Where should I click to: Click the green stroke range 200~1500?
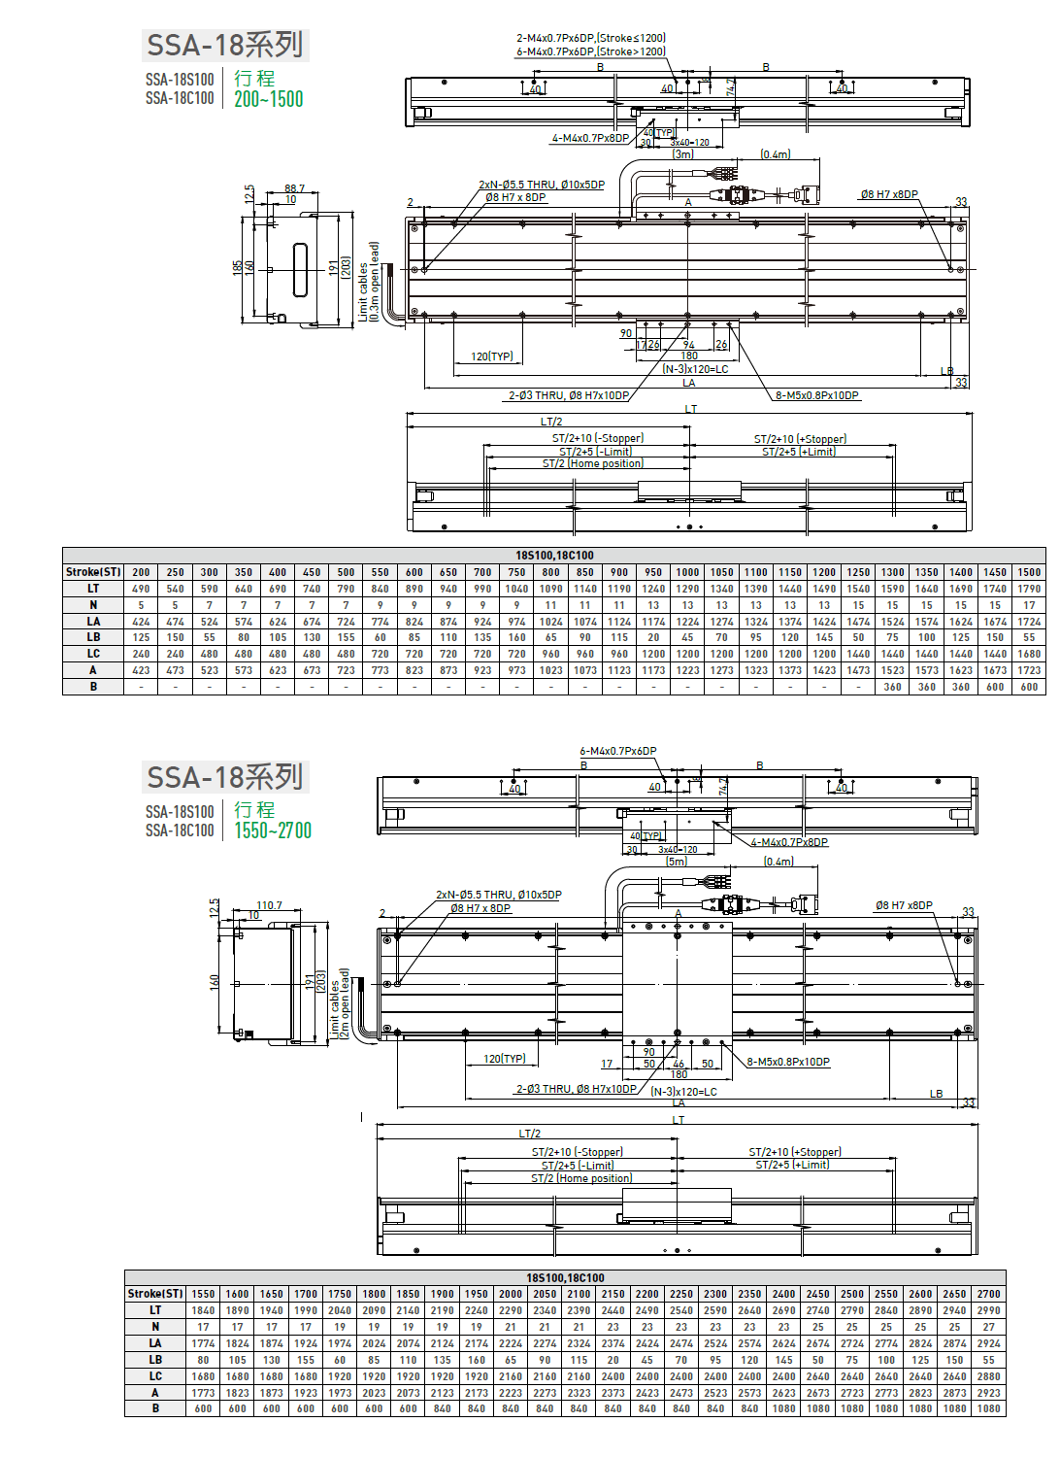pyautogui.click(x=268, y=99)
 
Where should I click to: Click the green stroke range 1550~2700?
pyautogui.click(x=273, y=830)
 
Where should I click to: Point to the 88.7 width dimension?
pyautogui.click(x=294, y=188)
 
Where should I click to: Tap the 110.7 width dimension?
pyautogui.click(x=269, y=905)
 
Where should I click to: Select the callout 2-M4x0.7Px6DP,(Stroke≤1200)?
pyautogui.click(x=590, y=38)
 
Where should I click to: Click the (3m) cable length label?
pyautogui.click(x=683, y=154)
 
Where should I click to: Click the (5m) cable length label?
pyautogui.click(x=677, y=862)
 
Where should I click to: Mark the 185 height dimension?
pyautogui.click(x=238, y=267)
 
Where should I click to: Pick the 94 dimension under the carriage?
pyautogui.click(x=688, y=345)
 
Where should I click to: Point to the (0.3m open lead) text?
pyautogui.click(x=375, y=282)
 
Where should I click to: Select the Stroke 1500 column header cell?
pyautogui.click(x=1029, y=572)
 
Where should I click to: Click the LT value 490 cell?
pyautogui.click(x=141, y=589)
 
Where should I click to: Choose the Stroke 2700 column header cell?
pyautogui.click(x=988, y=1294)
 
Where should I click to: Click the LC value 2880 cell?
pyautogui.click(x=988, y=1376)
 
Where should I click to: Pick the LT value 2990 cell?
pyautogui.click(x=988, y=1310)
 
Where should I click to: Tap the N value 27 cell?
pyautogui.click(x=988, y=1327)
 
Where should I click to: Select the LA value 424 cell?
pyautogui.click(x=141, y=622)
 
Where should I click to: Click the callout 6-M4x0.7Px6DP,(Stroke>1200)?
pyautogui.click(x=590, y=51)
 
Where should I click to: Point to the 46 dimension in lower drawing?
pyautogui.click(x=679, y=1064)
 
